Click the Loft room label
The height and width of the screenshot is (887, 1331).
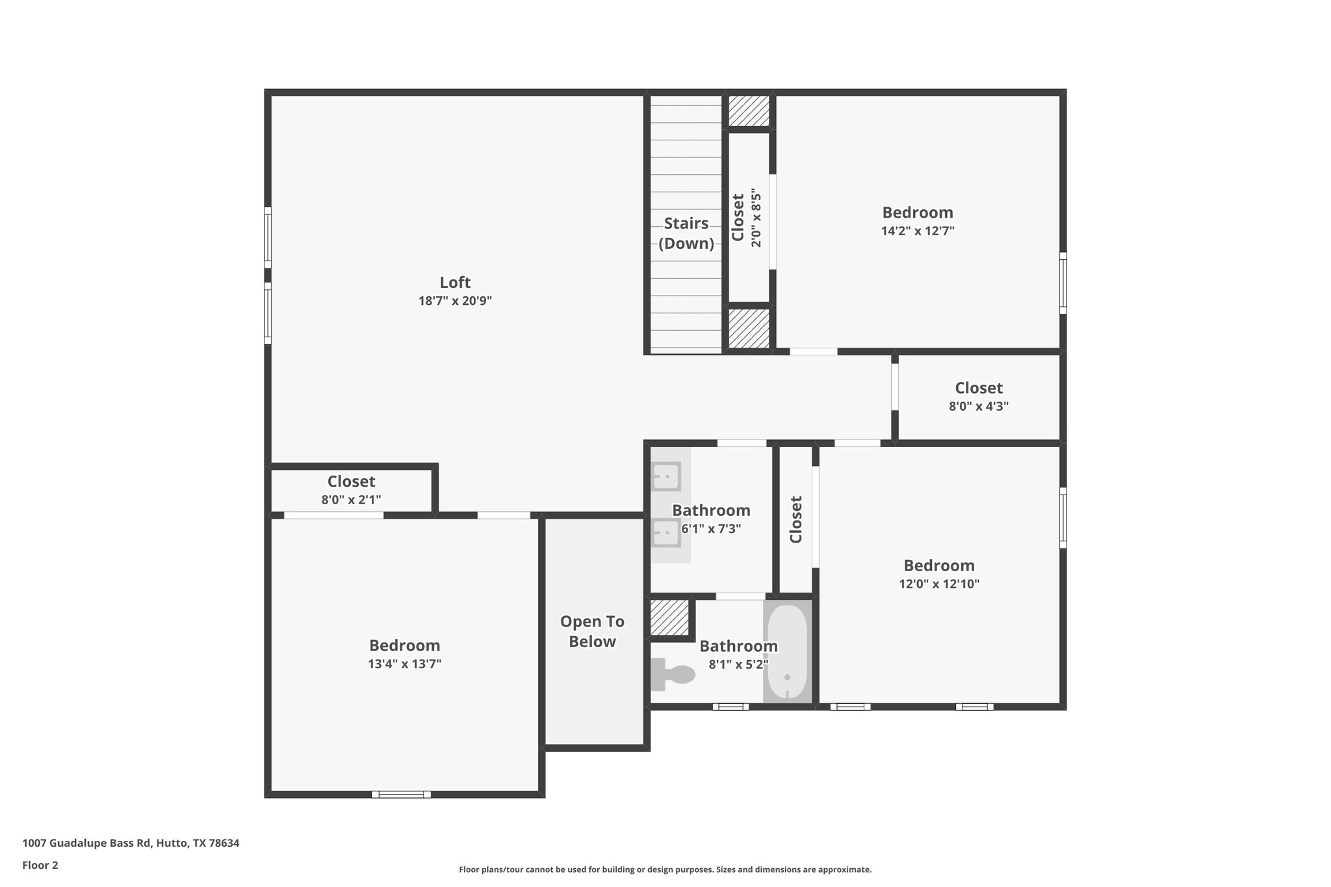pyautogui.click(x=455, y=282)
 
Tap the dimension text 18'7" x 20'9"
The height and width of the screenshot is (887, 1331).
pyautogui.click(x=455, y=301)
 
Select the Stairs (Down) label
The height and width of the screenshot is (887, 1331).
pyautogui.click(x=686, y=233)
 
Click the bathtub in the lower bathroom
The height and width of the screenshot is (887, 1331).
pyautogui.click(x=787, y=652)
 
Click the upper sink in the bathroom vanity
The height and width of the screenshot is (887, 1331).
pyautogui.click(x=666, y=476)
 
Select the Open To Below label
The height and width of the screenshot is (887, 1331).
pyautogui.click(x=592, y=632)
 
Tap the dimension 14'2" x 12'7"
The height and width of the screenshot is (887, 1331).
pyautogui.click(x=918, y=231)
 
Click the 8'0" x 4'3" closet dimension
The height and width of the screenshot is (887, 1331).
pyautogui.click(x=978, y=407)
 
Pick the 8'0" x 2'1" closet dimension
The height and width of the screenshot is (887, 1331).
pyautogui.click(x=351, y=500)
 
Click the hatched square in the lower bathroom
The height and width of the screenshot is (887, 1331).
pyautogui.click(x=669, y=617)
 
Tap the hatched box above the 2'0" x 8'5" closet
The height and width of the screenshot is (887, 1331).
pyautogui.click(x=749, y=111)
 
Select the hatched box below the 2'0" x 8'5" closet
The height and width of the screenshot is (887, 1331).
pyautogui.click(x=749, y=328)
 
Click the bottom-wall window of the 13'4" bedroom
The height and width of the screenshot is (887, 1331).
pyautogui.click(x=401, y=794)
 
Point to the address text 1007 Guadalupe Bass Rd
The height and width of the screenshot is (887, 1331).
pyautogui.click(x=131, y=843)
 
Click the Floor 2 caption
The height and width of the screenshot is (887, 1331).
pyautogui.click(x=40, y=865)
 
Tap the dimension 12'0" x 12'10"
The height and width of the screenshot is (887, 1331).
pyautogui.click(x=939, y=584)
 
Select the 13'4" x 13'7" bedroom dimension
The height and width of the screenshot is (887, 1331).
pyautogui.click(x=404, y=664)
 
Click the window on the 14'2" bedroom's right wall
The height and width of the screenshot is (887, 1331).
pyautogui.click(x=1063, y=283)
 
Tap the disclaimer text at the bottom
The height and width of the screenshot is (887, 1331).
pyautogui.click(x=665, y=869)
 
